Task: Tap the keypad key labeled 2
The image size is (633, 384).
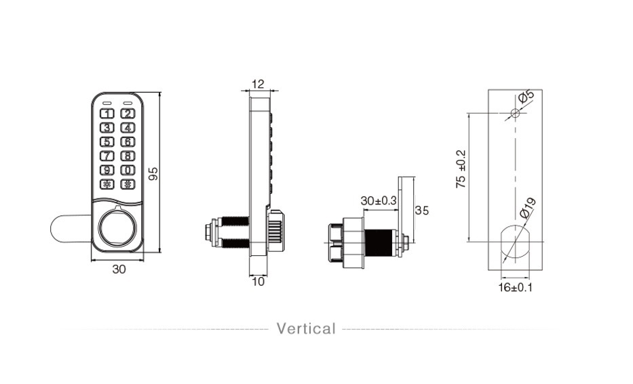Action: pos(128,114)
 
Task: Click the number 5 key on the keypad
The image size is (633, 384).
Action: pos(107,142)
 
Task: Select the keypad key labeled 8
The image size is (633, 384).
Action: pos(128,156)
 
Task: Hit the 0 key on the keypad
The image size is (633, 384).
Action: pos(128,170)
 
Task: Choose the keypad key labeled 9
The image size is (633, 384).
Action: pos(107,170)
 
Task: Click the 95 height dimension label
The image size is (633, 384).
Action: pos(153,173)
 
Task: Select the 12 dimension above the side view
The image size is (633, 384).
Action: pos(258,84)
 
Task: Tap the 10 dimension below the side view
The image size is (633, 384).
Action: pos(258,282)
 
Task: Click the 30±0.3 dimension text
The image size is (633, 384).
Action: pos(379,201)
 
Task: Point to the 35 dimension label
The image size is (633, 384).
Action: pos(421,211)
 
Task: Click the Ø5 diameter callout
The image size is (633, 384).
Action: pos(526,98)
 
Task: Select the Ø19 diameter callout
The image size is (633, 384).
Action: pos(528,207)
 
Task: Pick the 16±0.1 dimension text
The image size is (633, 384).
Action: pos(516,287)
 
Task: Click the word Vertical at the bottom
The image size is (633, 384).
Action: pos(306,329)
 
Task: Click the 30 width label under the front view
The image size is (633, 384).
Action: pos(119,269)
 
